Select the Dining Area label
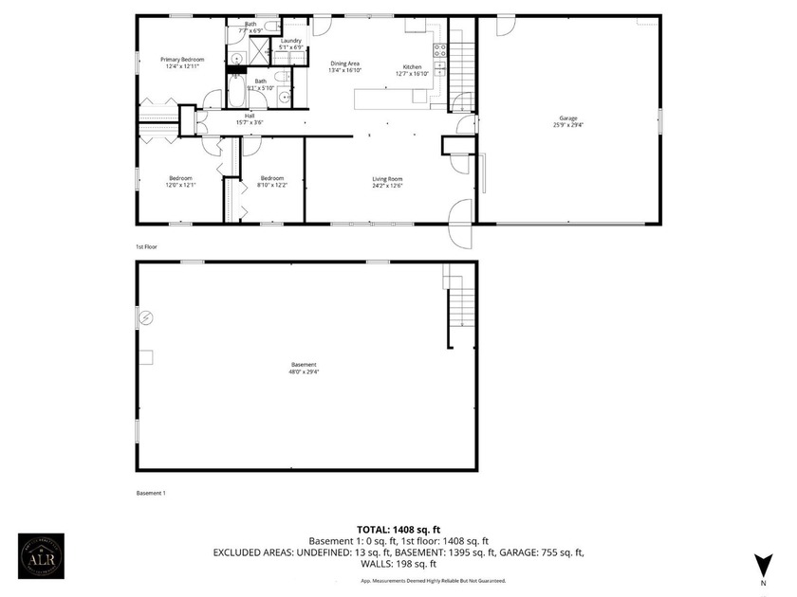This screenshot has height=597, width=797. pyautogui.click(x=343, y=63)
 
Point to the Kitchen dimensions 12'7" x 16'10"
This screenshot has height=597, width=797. pyautogui.click(x=412, y=73)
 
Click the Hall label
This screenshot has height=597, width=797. pyautogui.click(x=250, y=115)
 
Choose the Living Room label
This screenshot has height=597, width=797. pyautogui.click(x=387, y=179)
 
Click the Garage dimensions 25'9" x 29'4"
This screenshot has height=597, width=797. pyautogui.click(x=567, y=125)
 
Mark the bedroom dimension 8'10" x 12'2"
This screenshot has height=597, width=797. pyautogui.click(x=272, y=185)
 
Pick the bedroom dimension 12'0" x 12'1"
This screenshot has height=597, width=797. pyautogui.click(x=181, y=185)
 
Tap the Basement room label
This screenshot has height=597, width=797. pyautogui.click(x=304, y=365)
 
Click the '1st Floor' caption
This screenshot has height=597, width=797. pyautogui.click(x=145, y=246)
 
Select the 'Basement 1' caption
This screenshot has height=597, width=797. pyautogui.click(x=151, y=493)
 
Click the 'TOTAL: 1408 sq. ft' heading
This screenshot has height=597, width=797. pyautogui.click(x=398, y=529)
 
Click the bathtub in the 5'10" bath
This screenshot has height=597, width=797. pyautogui.click(x=234, y=94)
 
